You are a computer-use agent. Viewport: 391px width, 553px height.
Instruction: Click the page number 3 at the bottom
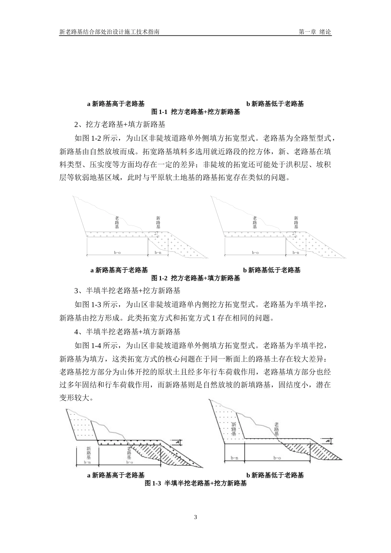pyautogui.click(x=195, y=517)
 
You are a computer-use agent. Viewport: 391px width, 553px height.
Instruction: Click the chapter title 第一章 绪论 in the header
pyautogui.click(x=315, y=32)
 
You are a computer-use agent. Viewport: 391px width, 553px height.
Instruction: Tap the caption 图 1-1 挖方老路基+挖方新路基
pyautogui.click(x=195, y=112)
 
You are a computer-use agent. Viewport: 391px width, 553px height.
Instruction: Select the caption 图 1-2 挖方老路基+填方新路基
pyautogui.click(x=195, y=278)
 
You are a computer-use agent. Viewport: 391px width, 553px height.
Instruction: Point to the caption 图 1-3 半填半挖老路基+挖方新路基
pyautogui.click(x=195, y=483)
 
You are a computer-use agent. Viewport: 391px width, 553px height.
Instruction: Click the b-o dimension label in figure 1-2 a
pyautogui.click(x=117, y=253)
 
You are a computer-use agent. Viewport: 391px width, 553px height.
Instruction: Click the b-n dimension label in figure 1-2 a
pyautogui.click(x=158, y=253)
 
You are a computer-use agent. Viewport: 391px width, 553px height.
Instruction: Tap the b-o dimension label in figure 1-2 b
pyautogui.click(x=255, y=253)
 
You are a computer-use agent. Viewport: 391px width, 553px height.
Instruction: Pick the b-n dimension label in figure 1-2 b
pyautogui.click(x=296, y=253)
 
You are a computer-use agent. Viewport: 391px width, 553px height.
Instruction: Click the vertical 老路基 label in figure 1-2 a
pyautogui.click(x=117, y=223)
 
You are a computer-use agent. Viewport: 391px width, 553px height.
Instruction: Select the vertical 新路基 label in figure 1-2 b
pyautogui.click(x=296, y=223)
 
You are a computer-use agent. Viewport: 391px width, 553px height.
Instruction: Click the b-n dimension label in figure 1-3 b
pyautogui.click(x=235, y=458)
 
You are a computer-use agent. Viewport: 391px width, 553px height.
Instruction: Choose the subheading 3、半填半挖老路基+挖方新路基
pyautogui.click(x=127, y=291)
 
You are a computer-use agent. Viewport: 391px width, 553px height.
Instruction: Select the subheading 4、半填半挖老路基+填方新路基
pyautogui.click(x=127, y=331)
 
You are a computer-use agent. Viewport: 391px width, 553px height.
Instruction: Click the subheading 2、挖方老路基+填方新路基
pyautogui.click(x=119, y=124)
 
